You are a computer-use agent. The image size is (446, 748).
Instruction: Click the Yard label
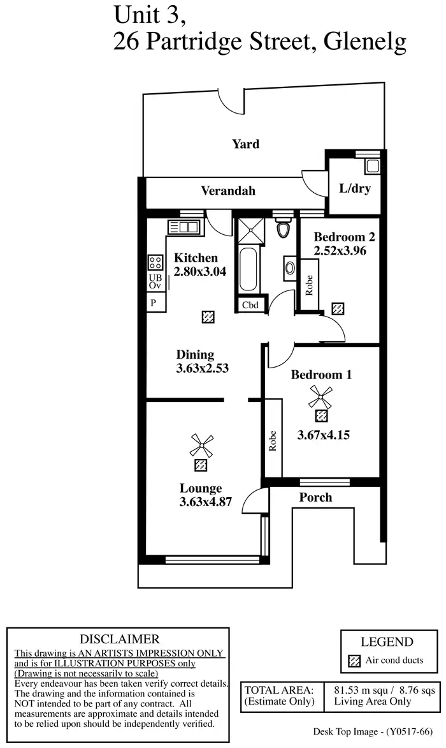click(245, 144)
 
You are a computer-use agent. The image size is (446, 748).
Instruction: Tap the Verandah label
click(228, 190)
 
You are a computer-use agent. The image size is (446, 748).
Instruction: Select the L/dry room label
click(354, 188)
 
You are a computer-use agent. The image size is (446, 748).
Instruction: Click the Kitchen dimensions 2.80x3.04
click(199, 271)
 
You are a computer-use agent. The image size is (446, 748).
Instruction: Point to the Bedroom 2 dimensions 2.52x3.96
click(340, 251)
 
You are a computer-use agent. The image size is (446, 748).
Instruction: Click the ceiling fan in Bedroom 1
click(320, 397)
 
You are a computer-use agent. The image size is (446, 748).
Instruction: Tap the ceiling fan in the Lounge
click(201, 445)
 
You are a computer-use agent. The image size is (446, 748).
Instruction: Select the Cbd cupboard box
click(250, 305)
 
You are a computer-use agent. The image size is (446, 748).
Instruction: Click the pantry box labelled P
click(154, 303)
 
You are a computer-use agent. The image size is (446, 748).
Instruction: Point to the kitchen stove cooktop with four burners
click(155, 262)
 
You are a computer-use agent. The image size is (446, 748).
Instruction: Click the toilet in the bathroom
click(284, 229)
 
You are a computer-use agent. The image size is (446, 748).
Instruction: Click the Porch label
click(315, 497)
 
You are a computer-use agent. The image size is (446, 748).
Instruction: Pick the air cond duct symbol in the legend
click(354, 661)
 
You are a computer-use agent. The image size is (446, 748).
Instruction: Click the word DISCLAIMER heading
click(119, 639)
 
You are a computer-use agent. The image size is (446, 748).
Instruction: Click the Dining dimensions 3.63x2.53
click(202, 368)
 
